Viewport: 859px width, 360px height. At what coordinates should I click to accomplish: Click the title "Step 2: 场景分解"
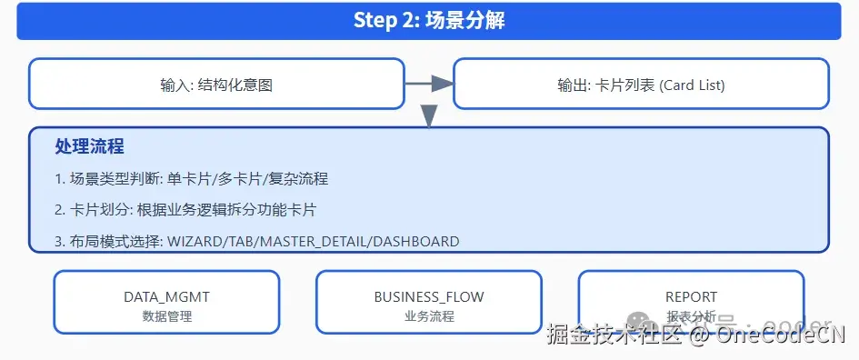tap(429, 21)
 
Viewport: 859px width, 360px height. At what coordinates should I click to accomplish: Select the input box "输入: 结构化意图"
tap(216, 85)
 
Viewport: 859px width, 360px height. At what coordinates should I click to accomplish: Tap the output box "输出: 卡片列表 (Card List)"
tap(641, 85)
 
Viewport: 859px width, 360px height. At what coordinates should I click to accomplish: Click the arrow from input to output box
tap(428, 84)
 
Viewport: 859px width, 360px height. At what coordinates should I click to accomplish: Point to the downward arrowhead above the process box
tap(429, 115)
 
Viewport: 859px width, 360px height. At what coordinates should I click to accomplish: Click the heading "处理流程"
tap(89, 146)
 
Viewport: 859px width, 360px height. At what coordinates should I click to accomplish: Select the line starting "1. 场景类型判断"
tap(191, 179)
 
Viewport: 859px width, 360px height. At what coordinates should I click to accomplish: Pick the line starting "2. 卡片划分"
tap(185, 210)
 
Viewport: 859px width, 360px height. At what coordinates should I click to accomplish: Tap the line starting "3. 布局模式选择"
tap(256, 242)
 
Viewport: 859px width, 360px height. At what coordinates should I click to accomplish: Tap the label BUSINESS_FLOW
tap(429, 297)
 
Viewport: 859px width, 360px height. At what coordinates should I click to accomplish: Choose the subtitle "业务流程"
tap(429, 316)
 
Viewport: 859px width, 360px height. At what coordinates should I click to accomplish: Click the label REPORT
tap(691, 297)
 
